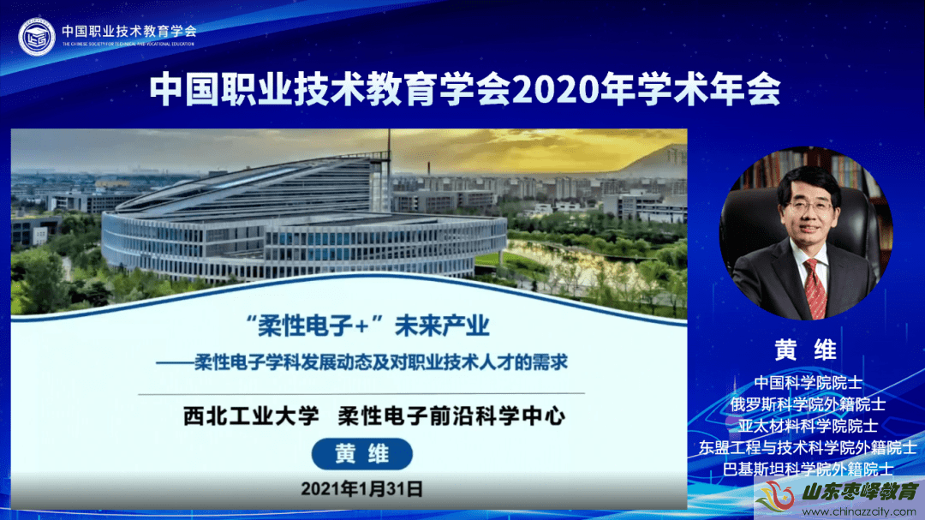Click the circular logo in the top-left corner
pyautogui.click(x=37, y=37)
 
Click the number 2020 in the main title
pyautogui.click(x=546, y=90)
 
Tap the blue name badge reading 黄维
pyautogui.click(x=361, y=454)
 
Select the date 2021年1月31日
pyautogui.click(x=361, y=488)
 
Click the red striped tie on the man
pyautogui.click(x=815, y=290)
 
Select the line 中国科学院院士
pyautogui.click(x=808, y=382)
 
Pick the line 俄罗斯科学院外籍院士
pyautogui.click(x=808, y=404)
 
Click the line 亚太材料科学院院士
pyautogui.click(x=808, y=426)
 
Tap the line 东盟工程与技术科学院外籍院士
pyautogui.click(x=808, y=447)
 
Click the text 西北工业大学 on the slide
pyautogui.click(x=251, y=416)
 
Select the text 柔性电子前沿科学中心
pyautogui.click(x=451, y=416)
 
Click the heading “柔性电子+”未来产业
pyautogui.click(x=367, y=326)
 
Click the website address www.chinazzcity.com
pyautogui.click(x=859, y=511)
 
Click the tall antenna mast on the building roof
pyautogui.click(x=389, y=146)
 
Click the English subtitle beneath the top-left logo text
pyautogui.click(x=128, y=45)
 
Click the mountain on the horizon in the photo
pyautogui.click(x=649, y=158)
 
